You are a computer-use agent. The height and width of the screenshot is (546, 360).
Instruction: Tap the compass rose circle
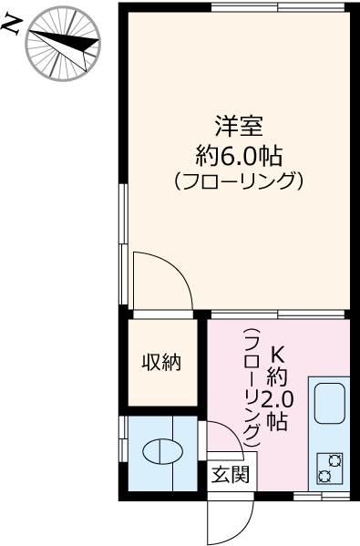point(63,42)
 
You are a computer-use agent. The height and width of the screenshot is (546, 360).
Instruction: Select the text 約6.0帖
point(237,151)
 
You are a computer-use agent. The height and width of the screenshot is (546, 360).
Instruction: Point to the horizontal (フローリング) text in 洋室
point(238,180)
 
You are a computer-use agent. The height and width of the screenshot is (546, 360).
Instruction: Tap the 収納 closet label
point(160,363)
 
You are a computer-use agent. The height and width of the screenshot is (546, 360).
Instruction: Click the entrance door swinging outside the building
point(228,520)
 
